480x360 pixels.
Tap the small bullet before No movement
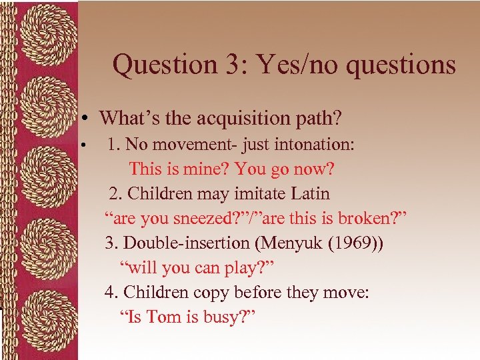coord(83,145)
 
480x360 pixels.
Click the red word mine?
coord(206,169)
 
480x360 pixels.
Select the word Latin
coord(308,193)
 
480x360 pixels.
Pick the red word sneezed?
coord(201,218)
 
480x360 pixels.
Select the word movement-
coord(187,144)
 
